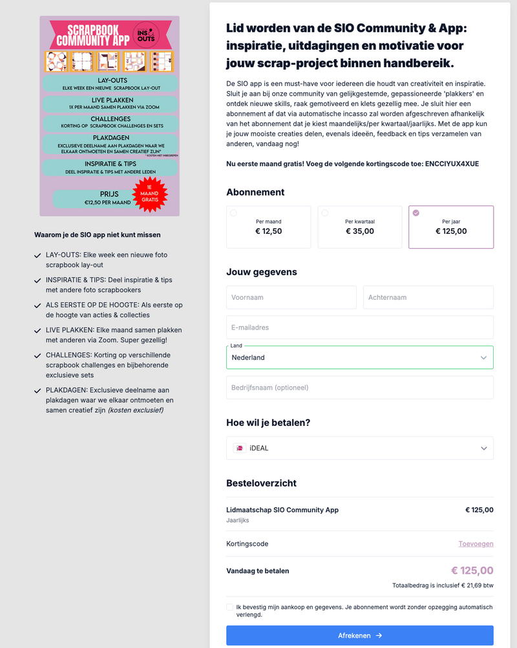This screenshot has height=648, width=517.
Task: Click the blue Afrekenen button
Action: tap(359, 635)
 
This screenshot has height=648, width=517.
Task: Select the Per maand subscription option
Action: tap(268, 227)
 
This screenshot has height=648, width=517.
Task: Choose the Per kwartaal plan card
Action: tap(359, 227)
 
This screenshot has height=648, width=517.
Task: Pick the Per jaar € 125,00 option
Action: tap(450, 227)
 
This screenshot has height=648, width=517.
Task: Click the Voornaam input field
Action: tap(291, 297)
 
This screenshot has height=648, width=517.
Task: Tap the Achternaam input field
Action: tap(428, 297)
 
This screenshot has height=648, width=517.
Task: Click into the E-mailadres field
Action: tap(359, 327)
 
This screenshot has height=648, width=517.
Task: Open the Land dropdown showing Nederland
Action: tap(359, 357)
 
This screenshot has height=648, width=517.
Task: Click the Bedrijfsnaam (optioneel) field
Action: tap(359, 388)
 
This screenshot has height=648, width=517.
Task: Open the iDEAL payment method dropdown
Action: tap(359, 448)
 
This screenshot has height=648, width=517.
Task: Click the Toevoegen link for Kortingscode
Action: tap(476, 544)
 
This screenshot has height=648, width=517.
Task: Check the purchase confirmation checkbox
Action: tap(230, 607)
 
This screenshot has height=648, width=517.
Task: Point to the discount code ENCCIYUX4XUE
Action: tap(452, 164)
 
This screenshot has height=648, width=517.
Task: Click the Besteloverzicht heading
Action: tap(261, 483)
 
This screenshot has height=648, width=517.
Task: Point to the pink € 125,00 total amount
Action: tap(472, 570)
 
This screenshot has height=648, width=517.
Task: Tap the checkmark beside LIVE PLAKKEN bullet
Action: tap(37, 331)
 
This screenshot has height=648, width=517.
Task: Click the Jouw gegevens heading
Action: tap(261, 272)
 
